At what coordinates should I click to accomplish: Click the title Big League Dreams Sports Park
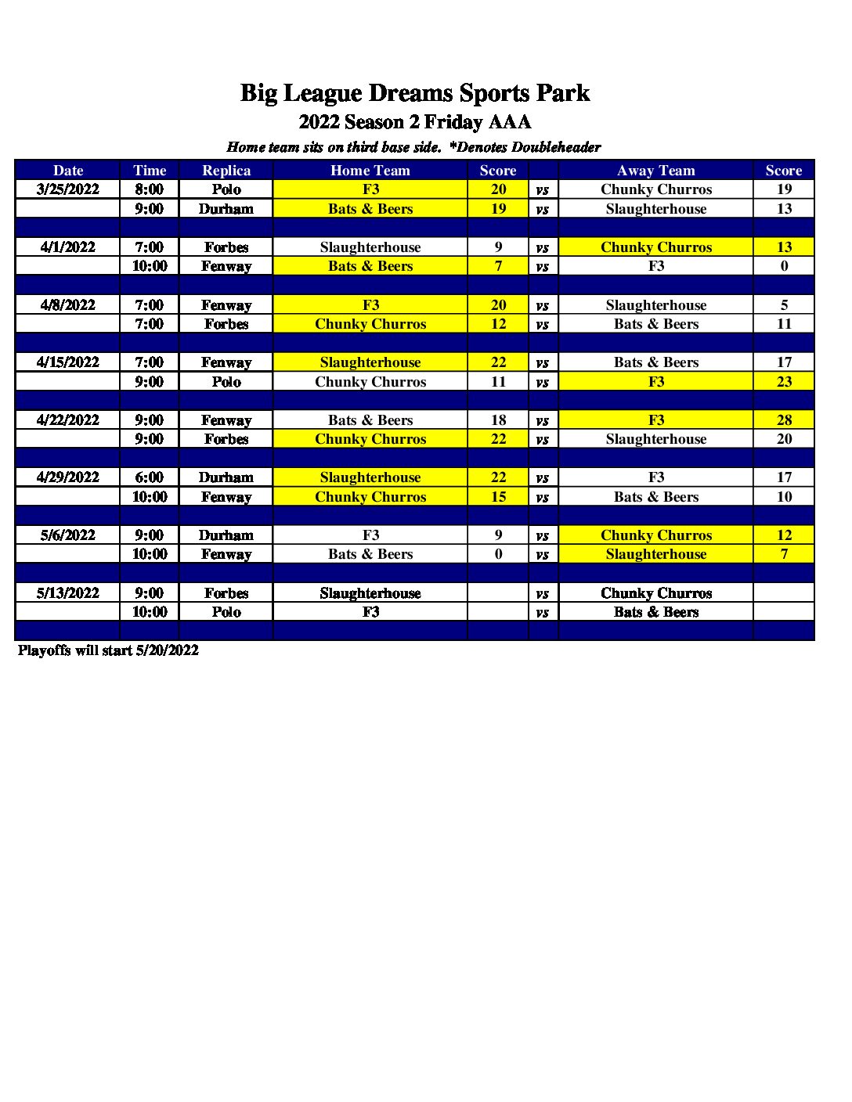(x=414, y=93)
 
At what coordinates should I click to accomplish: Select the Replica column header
(x=226, y=171)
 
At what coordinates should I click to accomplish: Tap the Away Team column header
(x=655, y=171)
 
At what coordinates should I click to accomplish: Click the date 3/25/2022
(x=68, y=189)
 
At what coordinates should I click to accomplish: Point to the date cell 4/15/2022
(x=68, y=362)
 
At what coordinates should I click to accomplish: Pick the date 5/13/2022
(x=68, y=593)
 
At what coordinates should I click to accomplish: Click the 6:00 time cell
(x=149, y=477)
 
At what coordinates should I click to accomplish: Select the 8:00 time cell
(x=149, y=189)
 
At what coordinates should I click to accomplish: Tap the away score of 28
(x=784, y=420)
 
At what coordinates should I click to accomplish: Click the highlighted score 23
(x=784, y=382)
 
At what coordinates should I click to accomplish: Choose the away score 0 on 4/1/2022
(x=784, y=266)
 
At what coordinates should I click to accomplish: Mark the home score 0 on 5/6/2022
(x=498, y=554)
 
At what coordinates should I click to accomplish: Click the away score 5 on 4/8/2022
(x=784, y=305)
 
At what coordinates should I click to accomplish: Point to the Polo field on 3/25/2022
(x=226, y=189)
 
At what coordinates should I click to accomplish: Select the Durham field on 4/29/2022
(x=226, y=477)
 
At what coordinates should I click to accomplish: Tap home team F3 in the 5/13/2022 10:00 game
(x=370, y=612)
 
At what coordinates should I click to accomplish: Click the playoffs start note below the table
(x=108, y=650)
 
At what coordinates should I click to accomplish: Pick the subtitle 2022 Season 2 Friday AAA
(x=414, y=122)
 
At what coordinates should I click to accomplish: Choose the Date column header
(x=68, y=171)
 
